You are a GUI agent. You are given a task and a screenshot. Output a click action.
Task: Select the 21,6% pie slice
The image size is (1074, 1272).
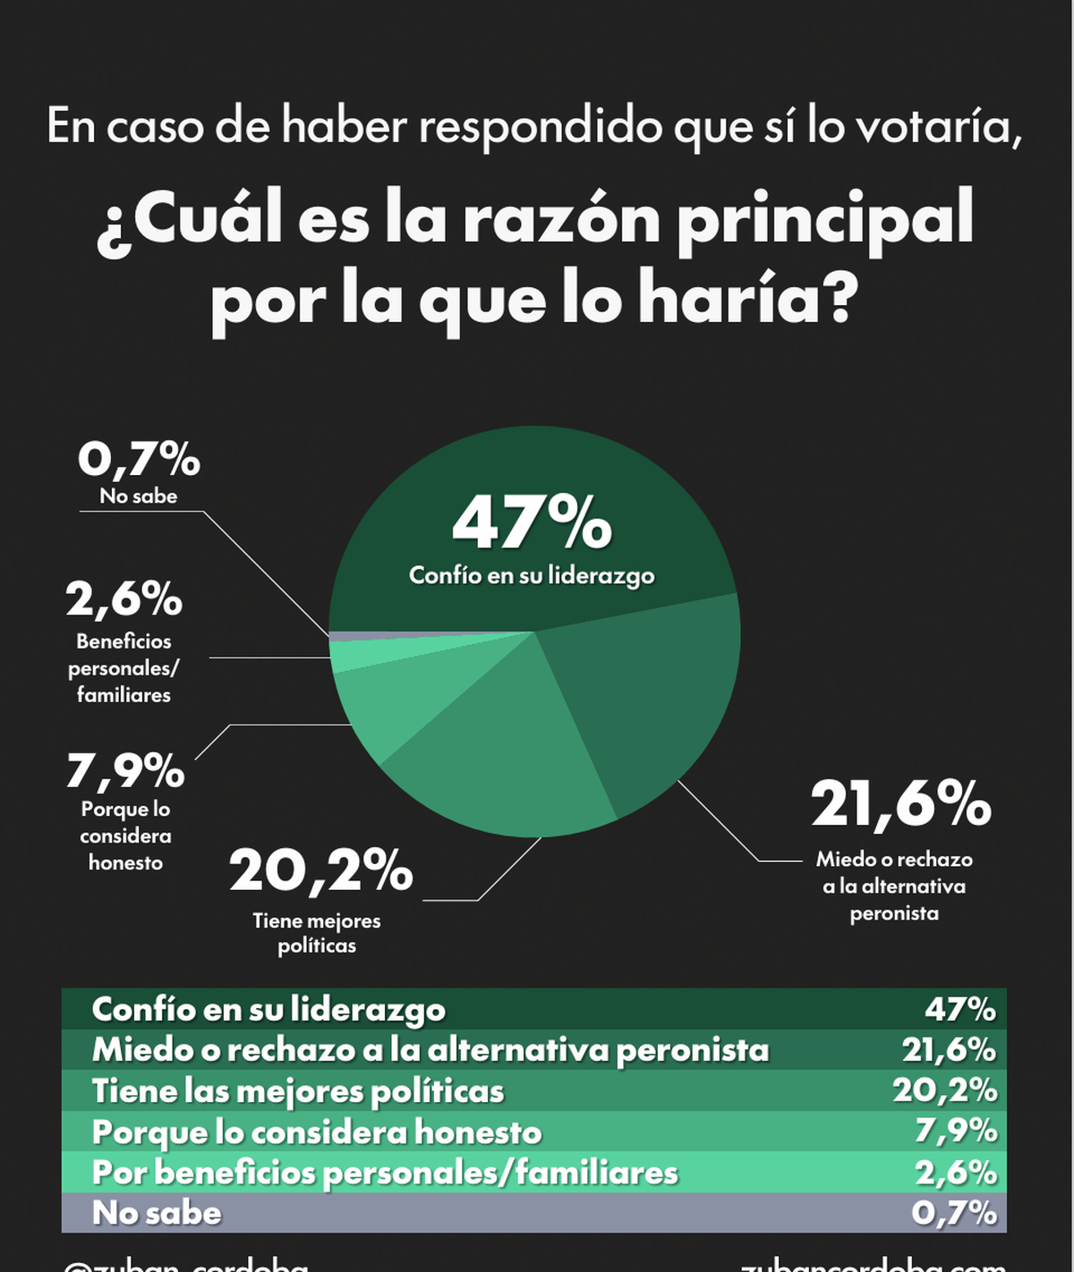tap(653, 689)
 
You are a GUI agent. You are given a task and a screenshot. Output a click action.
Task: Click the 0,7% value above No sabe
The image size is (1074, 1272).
tap(139, 460)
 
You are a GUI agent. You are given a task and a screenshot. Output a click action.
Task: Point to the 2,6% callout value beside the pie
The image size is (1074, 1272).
tap(124, 599)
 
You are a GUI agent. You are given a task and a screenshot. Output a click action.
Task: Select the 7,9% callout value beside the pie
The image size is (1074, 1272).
tap(125, 770)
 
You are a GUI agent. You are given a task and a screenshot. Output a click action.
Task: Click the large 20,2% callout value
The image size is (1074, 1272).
tap(320, 870)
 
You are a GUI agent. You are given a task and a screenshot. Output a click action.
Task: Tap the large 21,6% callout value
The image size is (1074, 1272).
tap(900, 803)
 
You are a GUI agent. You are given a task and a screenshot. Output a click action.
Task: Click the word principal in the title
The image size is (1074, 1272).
tap(824, 220)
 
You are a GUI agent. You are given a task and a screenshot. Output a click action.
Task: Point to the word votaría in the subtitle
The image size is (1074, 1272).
tap(938, 126)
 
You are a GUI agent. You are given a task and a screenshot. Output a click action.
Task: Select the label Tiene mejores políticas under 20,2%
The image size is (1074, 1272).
tap(317, 933)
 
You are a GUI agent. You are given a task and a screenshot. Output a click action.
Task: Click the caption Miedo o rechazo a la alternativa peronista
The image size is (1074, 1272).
tap(894, 886)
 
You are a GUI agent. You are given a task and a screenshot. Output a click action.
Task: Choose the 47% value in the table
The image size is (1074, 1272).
tap(960, 1009)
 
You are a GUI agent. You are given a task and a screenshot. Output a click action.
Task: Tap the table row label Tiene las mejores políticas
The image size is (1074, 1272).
tap(298, 1091)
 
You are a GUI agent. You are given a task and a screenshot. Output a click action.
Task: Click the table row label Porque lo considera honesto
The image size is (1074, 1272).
tap(317, 1132)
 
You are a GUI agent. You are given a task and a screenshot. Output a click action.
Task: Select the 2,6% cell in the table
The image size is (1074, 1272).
tap(956, 1173)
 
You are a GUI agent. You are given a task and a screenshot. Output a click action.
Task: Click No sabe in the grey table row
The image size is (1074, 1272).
tap(157, 1213)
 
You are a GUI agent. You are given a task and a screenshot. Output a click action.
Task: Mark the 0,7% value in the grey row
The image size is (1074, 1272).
tap(954, 1213)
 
